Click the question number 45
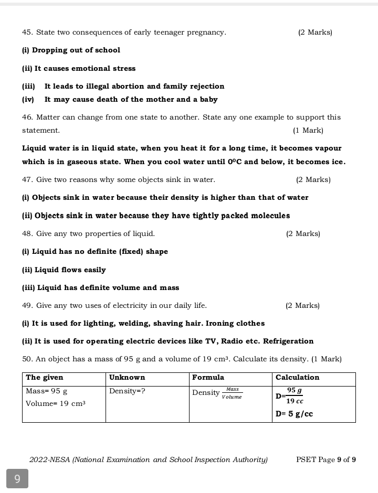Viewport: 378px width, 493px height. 27,33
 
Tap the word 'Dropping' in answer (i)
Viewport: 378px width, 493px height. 49,50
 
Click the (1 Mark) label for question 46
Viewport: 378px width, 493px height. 308,130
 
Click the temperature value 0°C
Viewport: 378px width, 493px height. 235,162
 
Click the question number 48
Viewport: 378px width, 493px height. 27,234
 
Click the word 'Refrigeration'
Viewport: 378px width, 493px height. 288,341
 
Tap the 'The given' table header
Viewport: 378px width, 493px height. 45,378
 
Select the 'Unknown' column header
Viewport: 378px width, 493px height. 127,378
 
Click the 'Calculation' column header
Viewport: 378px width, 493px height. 297,378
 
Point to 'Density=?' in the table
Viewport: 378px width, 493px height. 127,391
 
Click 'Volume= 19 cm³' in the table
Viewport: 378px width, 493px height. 56,404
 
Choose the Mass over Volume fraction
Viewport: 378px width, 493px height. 232,393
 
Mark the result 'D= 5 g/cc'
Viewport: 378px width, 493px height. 294,414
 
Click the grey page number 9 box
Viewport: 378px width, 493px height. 17,478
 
